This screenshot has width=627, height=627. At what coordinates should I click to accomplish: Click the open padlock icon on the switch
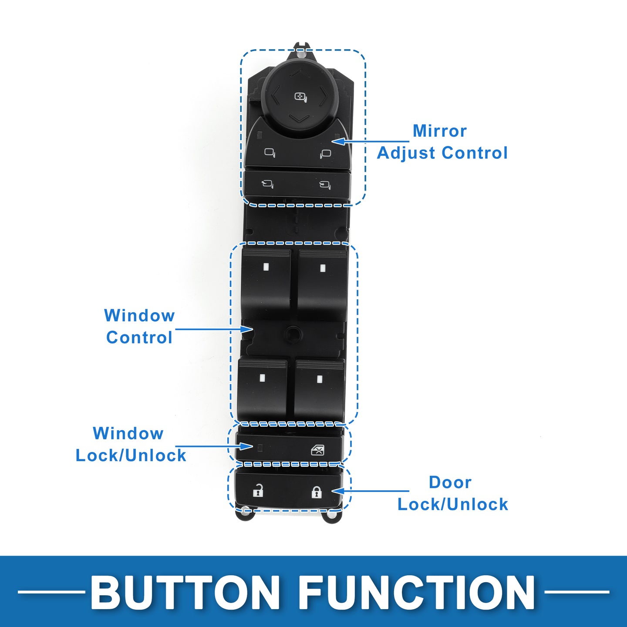pos(258,491)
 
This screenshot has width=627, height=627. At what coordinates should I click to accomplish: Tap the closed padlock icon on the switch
pos(316,492)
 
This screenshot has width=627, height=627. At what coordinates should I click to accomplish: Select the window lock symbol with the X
pos(317,450)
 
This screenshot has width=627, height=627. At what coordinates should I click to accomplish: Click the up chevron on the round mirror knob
pos(298,73)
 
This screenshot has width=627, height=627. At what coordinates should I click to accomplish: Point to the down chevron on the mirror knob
pos(299,118)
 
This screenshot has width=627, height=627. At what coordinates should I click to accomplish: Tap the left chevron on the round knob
pos(275,95)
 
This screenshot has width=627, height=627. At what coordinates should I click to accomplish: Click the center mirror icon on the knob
pos(300,97)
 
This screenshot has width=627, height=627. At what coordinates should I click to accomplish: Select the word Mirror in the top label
pos(440,131)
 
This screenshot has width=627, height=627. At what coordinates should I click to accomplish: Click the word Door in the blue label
pos(450,482)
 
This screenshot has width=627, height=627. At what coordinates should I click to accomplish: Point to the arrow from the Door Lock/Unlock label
pos(370,491)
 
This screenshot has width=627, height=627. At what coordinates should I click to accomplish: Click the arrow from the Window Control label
pos(214,329)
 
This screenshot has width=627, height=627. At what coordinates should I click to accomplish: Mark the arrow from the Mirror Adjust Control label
pos(370,142)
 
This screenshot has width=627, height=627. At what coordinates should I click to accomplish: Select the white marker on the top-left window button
pos(266,267)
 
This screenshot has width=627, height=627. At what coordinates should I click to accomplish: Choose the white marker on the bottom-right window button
pos(320,379)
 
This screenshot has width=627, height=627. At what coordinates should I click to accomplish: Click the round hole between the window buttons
pos(293,334)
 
